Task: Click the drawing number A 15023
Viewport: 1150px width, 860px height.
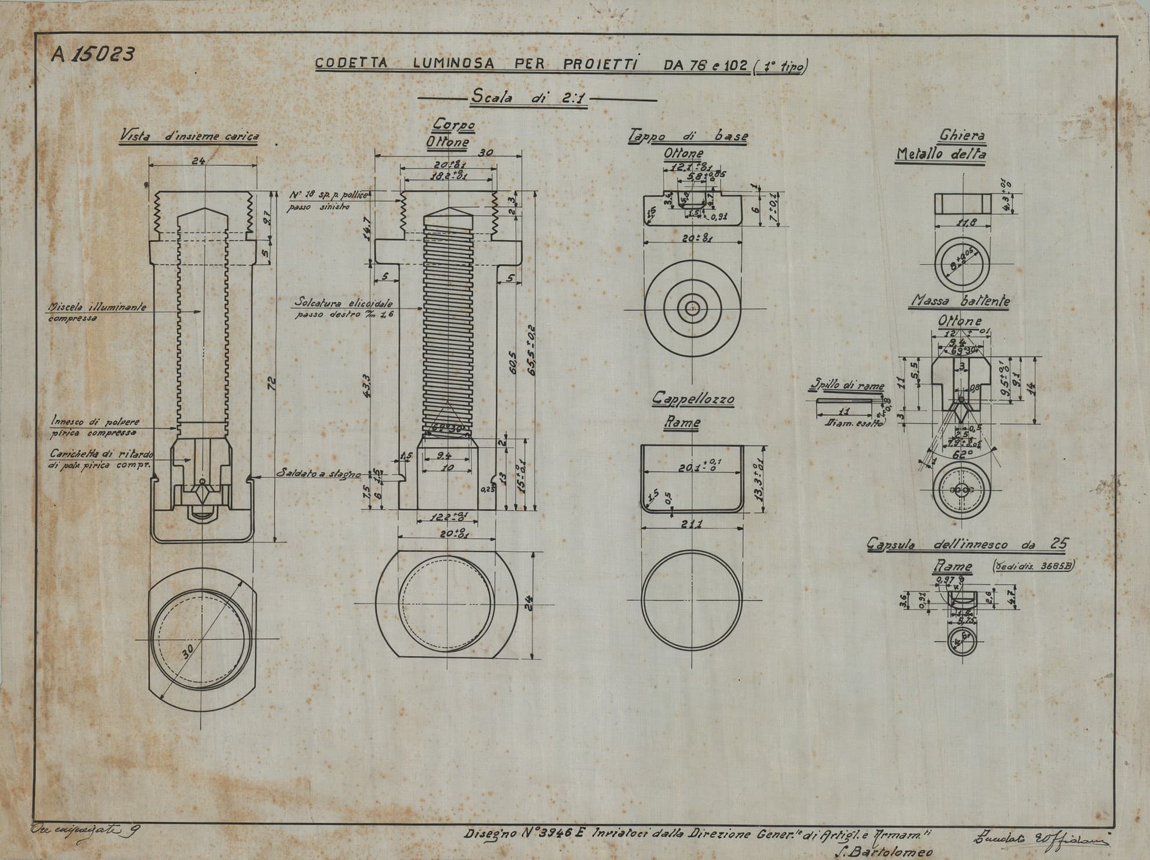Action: [93, 54]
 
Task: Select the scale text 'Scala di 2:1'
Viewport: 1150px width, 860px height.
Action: [529, 98]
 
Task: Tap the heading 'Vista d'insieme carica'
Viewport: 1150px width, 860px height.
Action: [189, 136]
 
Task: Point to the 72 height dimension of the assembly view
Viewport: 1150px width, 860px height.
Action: [271, 383]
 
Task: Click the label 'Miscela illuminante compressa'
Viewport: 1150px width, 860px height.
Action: [97, 313]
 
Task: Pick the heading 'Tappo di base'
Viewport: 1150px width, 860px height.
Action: [688, 136]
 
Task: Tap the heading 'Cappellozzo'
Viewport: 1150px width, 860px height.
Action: [693, 399]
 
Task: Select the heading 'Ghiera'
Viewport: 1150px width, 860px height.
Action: [962, 136]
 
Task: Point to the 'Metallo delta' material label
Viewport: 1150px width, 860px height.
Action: [941, 154]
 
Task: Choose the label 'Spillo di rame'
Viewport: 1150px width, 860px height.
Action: [847, 386]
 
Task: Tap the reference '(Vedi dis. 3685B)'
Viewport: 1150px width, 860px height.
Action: [1033, 566]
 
